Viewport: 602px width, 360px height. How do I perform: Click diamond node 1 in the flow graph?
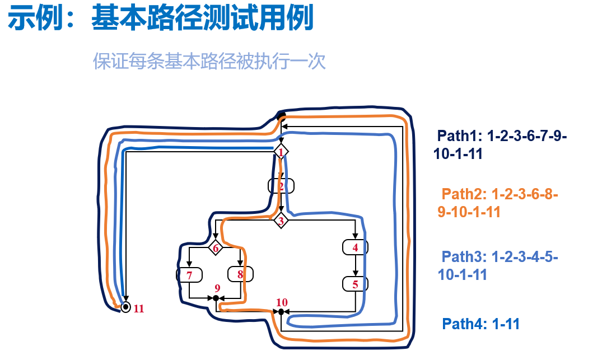point(281,151)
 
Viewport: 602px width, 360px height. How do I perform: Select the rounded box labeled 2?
point(281,185)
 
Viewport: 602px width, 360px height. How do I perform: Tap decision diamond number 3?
point(281,221)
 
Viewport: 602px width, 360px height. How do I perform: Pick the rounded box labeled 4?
point(355,247)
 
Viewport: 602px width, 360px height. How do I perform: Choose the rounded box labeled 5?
point(355,284)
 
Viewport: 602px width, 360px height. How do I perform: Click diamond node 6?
point(216,247)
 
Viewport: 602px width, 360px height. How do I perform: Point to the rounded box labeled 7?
point(189,275)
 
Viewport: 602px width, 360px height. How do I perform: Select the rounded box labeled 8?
point(240,274)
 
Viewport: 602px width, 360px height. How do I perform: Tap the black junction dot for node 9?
point(216,298)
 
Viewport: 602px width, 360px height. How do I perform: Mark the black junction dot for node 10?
point(281,311)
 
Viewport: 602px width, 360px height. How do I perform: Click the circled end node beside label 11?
point(126,307)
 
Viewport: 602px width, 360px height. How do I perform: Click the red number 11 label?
point(139,308)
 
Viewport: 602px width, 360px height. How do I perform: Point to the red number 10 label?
point(282,302)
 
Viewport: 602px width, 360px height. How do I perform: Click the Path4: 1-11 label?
point(481,324)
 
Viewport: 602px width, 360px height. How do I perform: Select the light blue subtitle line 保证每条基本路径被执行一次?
point(209,61)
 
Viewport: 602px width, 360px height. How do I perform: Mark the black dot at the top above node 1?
point(282,116)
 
